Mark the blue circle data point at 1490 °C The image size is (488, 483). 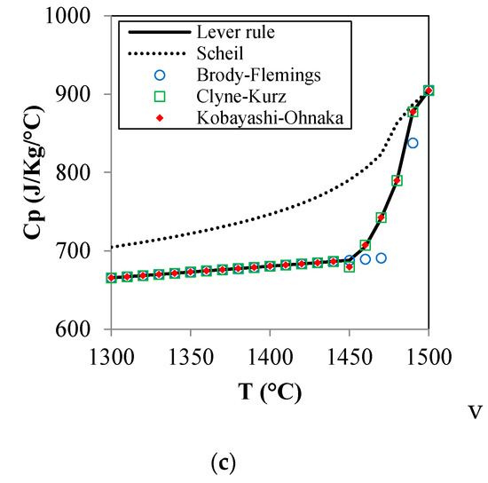(413, 143)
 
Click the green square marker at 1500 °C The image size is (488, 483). (429, 91)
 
